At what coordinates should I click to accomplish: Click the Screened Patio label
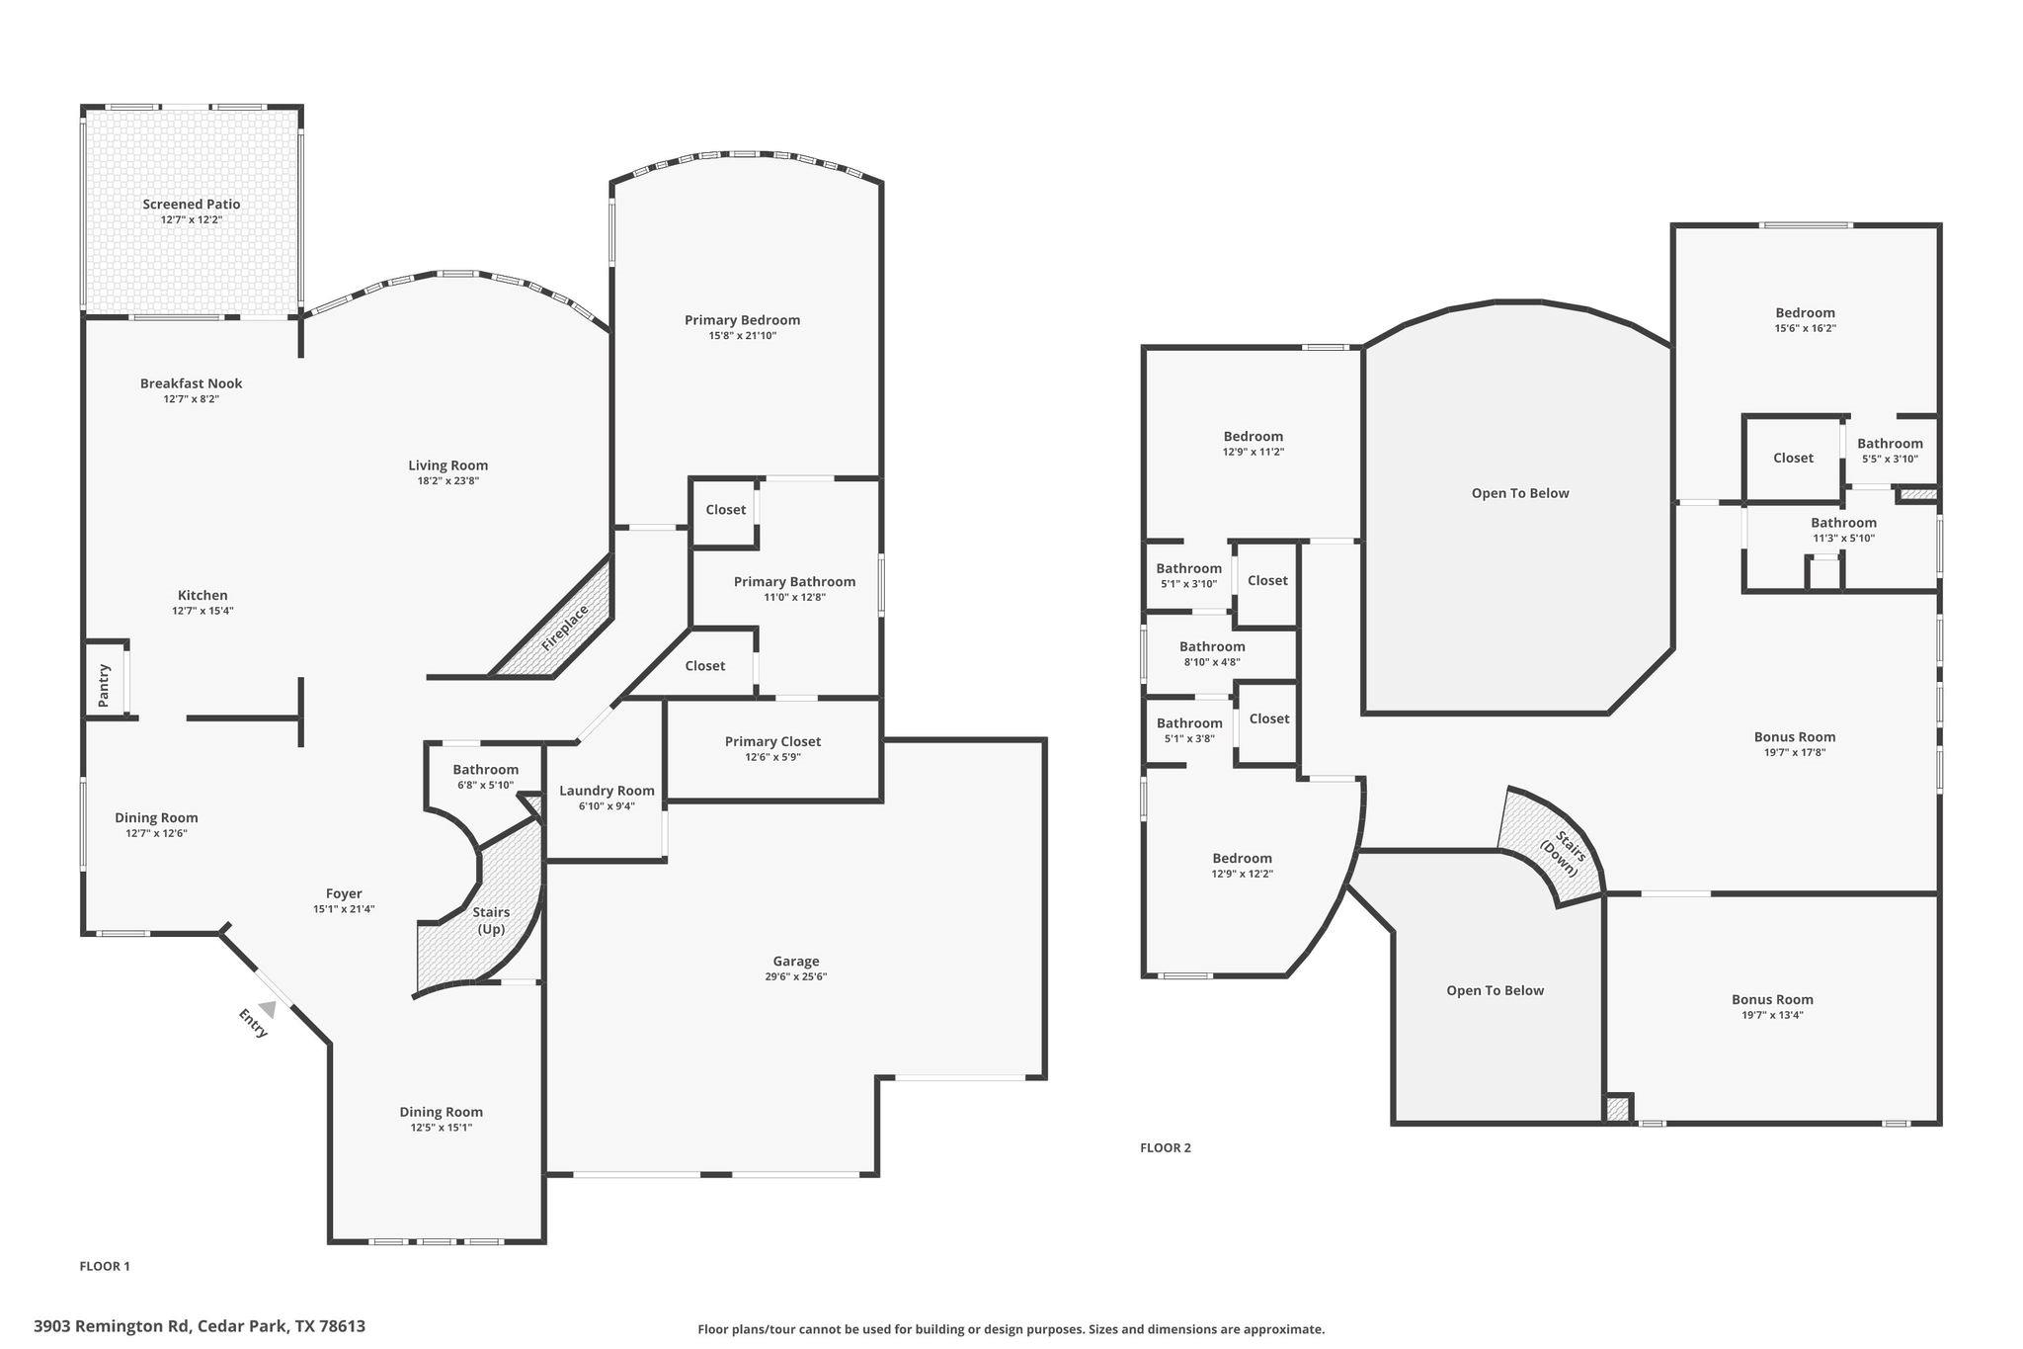191,205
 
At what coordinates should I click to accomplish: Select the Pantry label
104,685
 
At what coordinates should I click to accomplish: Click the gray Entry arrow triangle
267,1009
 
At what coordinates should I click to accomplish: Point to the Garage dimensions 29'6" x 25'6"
795,976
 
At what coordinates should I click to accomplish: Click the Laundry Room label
607,791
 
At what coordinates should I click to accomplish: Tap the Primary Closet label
772,742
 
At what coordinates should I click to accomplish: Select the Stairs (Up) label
491,920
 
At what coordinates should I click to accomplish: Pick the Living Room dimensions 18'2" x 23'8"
447,481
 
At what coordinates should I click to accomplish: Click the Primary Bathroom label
794,582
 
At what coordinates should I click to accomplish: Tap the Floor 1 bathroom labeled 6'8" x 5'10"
485,770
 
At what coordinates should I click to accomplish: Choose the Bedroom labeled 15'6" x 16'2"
1805,313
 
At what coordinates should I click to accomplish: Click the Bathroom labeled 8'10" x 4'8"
1212,647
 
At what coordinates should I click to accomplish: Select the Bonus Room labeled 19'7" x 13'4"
1772,999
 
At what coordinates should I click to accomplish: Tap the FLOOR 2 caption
1166,1147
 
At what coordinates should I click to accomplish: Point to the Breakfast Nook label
191,383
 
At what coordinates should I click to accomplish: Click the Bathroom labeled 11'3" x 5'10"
1843,523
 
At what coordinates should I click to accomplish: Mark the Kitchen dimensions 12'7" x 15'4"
202,611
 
